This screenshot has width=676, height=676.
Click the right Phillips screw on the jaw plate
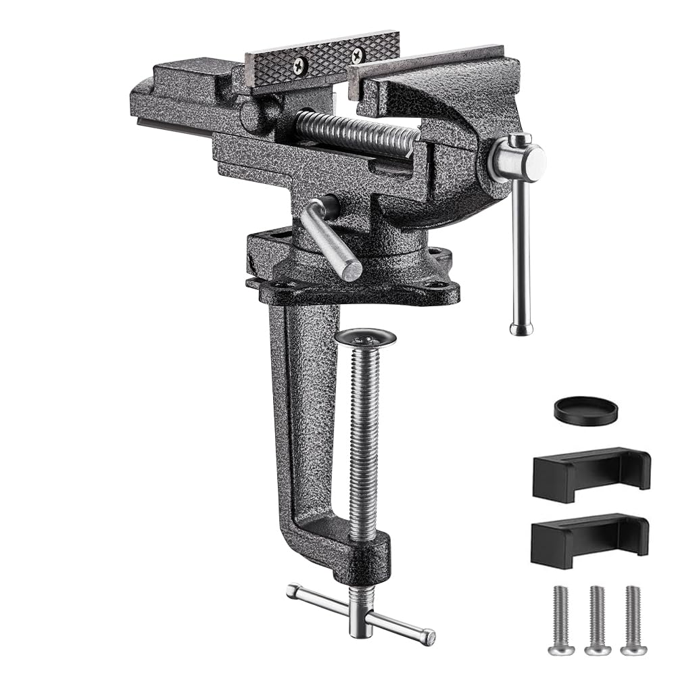click(x=357, y=55)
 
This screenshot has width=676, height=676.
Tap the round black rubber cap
click(x=585, y=410)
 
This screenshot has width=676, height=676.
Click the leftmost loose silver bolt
click(x=561, y=620)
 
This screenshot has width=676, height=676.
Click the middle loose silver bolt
click(x=598, y=620)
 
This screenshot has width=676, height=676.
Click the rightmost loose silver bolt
click(x=633, y=620)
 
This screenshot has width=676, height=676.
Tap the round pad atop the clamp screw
click(x=365, y=337)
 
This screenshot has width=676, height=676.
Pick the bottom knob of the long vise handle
click(x=521, y=329)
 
